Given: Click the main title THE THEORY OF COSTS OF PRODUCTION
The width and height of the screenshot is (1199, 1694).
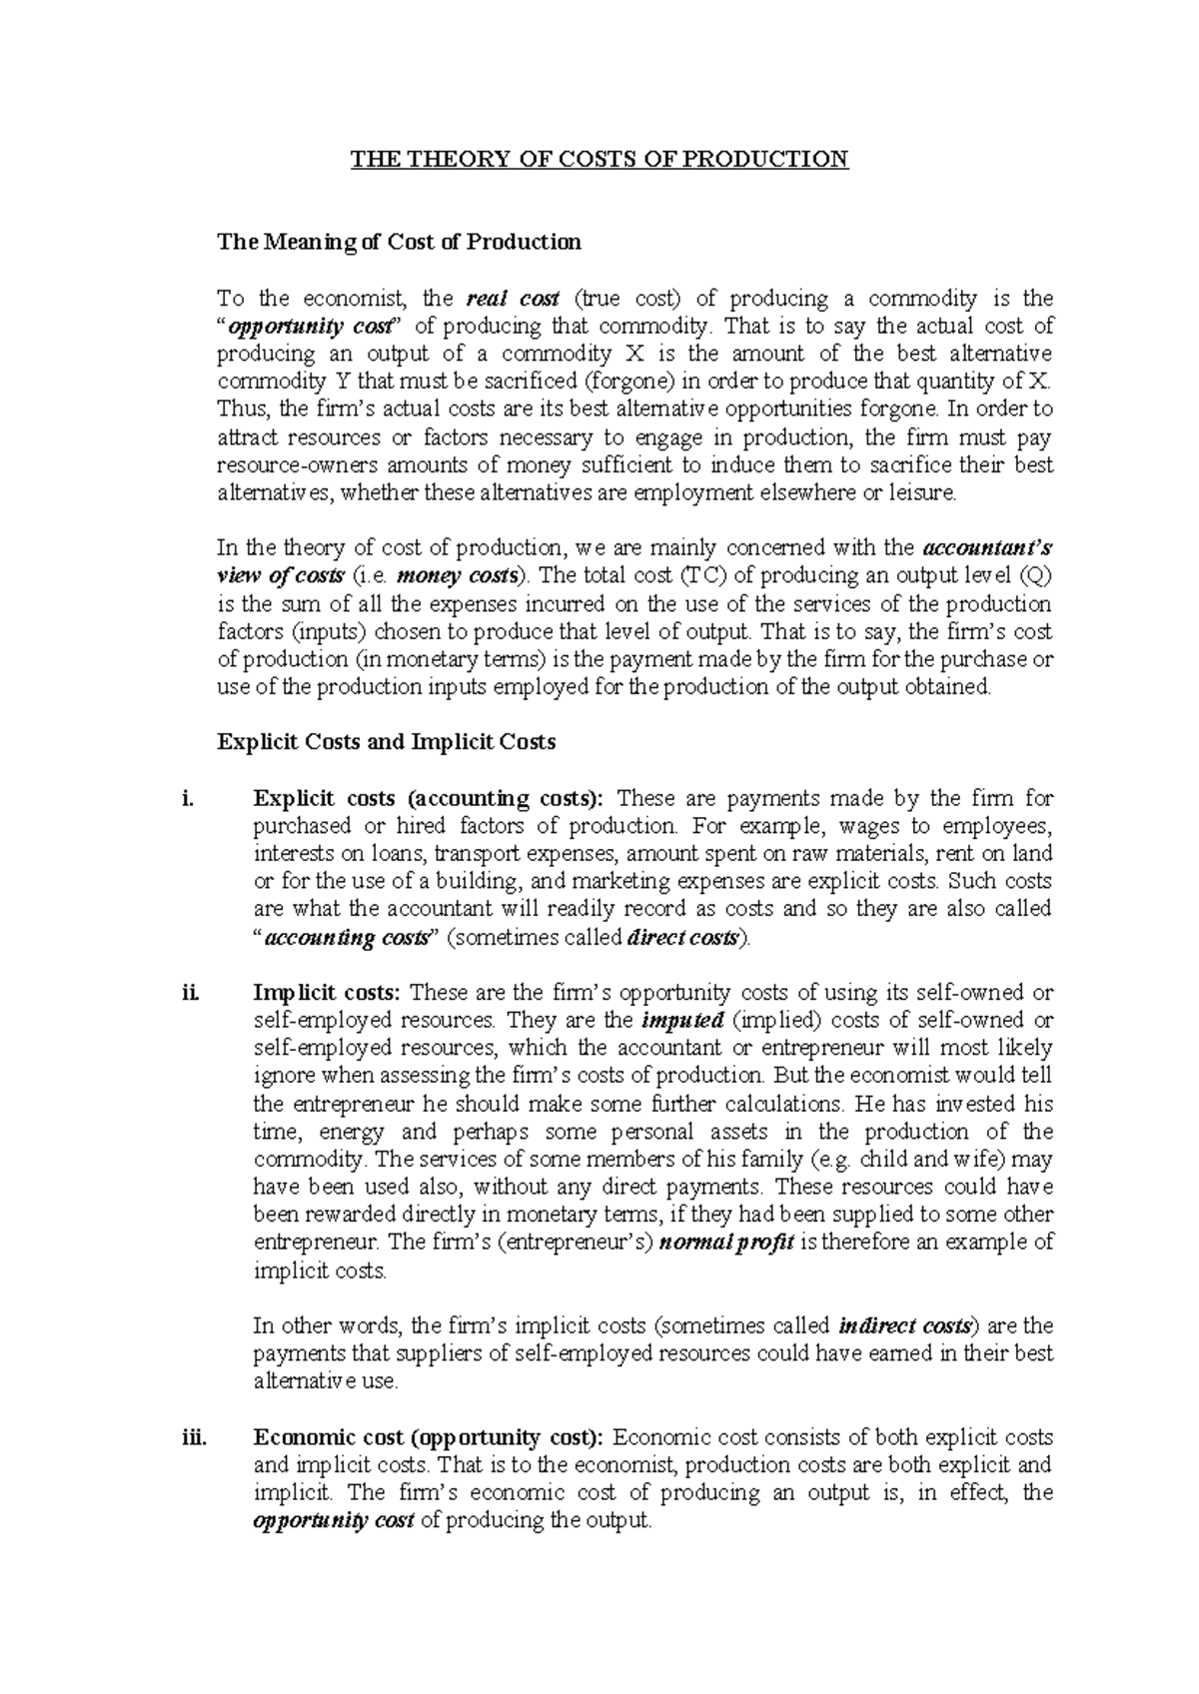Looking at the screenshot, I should click(x=599, y=160).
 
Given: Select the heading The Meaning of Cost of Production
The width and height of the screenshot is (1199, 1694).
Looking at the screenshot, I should click(x=399, y=242).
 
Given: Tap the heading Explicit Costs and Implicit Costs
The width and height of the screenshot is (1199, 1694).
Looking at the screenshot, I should click(x=386, y=742).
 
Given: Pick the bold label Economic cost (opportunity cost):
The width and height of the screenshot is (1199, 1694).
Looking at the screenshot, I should click(x=429, y=1437).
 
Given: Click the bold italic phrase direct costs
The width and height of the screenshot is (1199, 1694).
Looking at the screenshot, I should click(x=682, y=938).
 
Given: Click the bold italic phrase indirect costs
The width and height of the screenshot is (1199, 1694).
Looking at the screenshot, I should click(x=905, y=1326).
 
